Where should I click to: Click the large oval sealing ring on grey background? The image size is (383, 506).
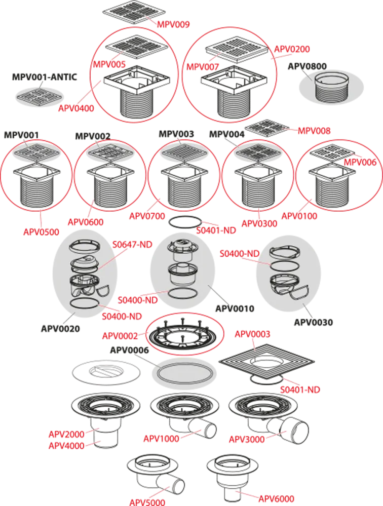coord(183,375)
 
